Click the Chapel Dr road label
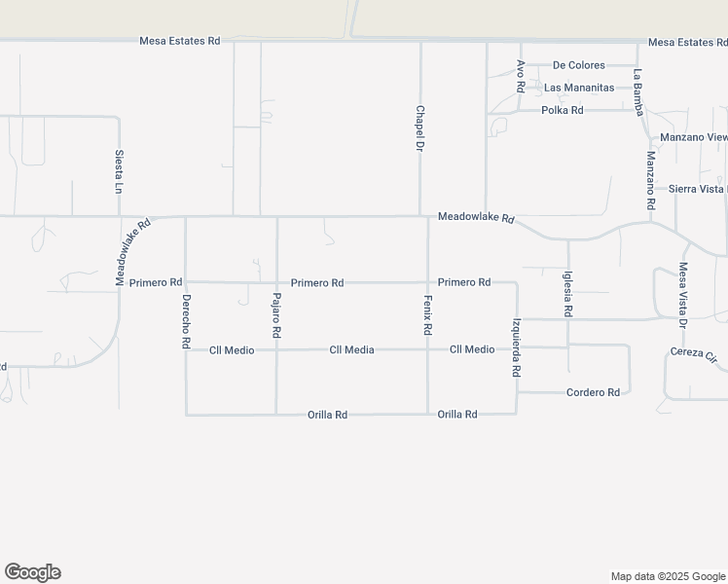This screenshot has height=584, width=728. click(x=420, y=128)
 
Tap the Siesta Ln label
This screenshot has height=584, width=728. click(x=119, y=169)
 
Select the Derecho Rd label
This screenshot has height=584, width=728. click(x=186, y=322)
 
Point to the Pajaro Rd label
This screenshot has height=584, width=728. click(x=276, y=315)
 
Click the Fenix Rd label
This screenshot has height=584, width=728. click(x=427, y=315)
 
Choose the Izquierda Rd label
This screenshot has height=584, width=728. click(x=517, y=347)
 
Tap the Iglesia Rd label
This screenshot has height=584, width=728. click(x=568, y=294)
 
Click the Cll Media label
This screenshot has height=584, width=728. click(x=351, y=349)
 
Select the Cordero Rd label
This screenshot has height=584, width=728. click(x=593, y=392)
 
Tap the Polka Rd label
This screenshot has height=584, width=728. click(x=563, y=110)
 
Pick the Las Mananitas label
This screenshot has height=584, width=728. click(x=579, y=88)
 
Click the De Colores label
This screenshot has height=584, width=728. click(x=578, y=65)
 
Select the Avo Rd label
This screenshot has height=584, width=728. click(x=521, y=76)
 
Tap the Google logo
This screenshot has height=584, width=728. click(x=32, y=572)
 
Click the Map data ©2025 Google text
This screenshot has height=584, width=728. click(x=667, y=576)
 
